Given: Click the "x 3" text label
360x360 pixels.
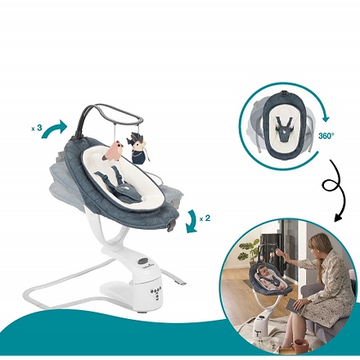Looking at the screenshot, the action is (x=37, y=128).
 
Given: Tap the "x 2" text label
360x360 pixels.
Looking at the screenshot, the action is (x=205, y=218).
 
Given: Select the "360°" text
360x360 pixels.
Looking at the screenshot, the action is (x=326, y=136).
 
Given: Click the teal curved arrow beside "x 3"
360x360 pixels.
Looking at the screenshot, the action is (x=54, y=129).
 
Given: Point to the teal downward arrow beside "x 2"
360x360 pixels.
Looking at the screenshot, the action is (x=192, y=222).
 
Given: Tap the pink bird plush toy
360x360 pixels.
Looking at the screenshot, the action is (x=113, y=151).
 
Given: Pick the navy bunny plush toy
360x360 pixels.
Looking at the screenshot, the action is (x=138, y=148).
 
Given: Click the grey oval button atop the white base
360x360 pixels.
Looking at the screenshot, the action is (x=143, y=261).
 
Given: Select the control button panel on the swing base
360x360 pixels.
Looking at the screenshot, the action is (x=156, y=294).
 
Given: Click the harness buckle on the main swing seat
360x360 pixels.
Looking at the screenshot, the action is (x=124, y=190).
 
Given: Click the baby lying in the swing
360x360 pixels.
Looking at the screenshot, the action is (x=267, y=276).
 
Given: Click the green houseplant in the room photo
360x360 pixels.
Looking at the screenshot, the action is (x=248, y=250).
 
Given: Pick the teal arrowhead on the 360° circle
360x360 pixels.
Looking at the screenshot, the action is (x=326, y=119).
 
